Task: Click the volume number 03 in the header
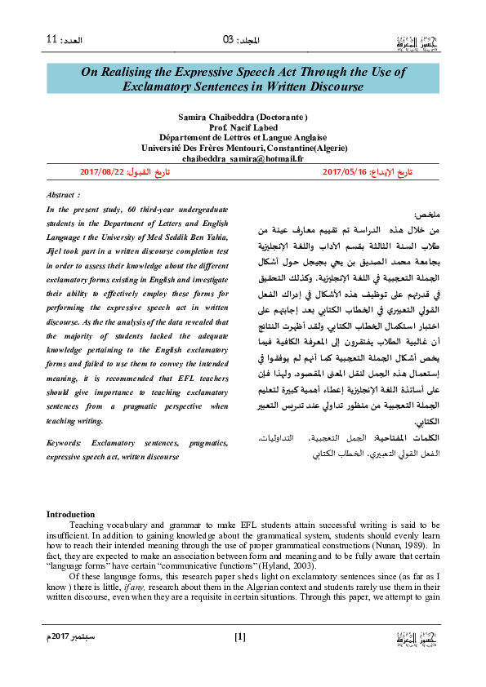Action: coord(228,40)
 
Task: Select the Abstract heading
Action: coord(64,197)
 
